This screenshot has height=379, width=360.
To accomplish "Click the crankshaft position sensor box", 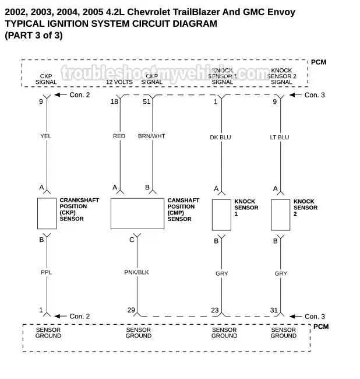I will (47, 213).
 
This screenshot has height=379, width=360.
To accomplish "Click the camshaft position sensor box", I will (137, 213).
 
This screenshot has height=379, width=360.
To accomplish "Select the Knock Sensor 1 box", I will (221, 215).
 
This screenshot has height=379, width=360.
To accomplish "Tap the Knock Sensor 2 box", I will (280, 215).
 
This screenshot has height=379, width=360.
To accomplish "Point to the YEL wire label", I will (46, 136).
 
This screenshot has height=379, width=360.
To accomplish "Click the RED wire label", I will (119, 136).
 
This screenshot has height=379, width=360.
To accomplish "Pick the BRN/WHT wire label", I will (151, 136).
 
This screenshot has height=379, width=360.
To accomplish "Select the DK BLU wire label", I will (220, 137).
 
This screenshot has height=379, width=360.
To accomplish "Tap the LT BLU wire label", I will (279, 137).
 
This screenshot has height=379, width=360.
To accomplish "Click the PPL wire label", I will (46, 272).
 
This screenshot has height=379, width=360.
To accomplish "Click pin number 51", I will (146, 101).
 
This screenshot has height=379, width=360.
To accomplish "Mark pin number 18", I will (114, 101).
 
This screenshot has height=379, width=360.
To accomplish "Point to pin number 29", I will (132, 310).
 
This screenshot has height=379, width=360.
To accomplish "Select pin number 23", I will (215, 310).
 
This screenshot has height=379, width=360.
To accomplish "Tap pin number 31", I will (274, 310).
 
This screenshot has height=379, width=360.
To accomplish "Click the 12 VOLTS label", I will (119, 82).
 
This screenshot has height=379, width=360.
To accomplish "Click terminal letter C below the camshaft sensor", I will (132, 240).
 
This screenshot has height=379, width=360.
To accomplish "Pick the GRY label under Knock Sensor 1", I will (221, 273).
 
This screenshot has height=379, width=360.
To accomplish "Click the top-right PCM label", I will (319, 62).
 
